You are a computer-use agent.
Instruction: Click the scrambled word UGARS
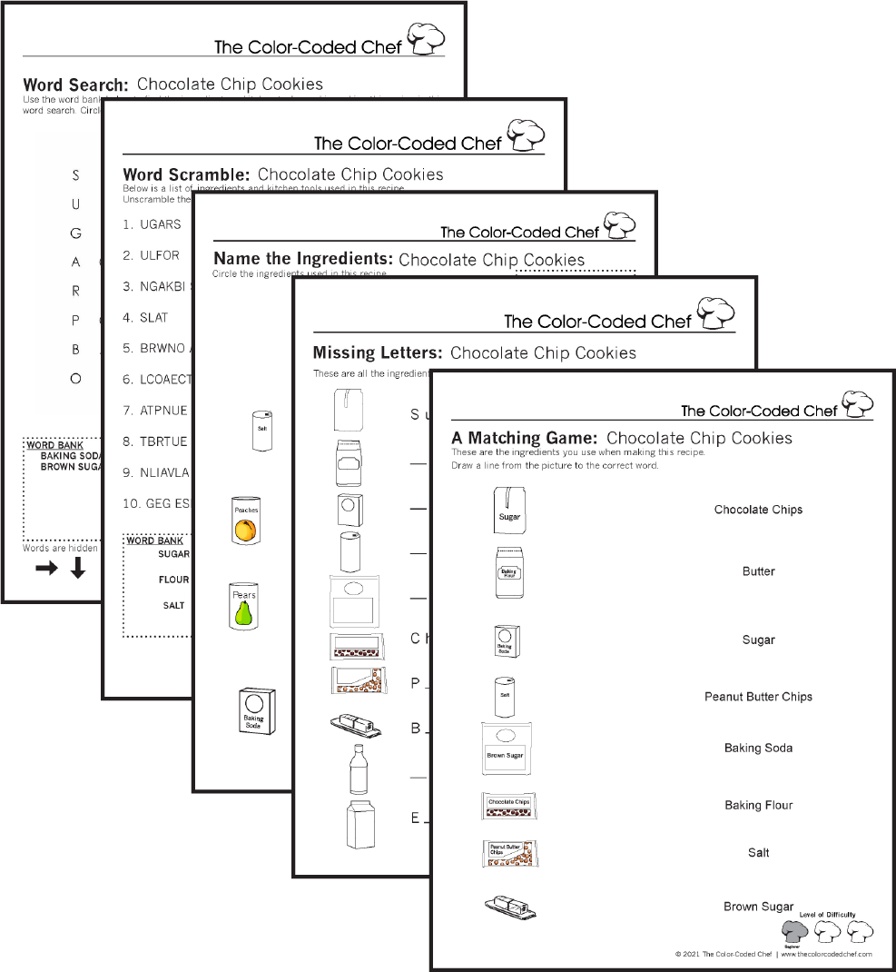(160, 224)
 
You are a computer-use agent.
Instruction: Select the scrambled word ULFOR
(160, 255)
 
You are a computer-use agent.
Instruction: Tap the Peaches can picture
(246, 521)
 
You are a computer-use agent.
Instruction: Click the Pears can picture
(243, 606)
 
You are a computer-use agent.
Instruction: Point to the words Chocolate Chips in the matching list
(758, 510)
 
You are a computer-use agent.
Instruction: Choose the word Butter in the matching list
(758, 571)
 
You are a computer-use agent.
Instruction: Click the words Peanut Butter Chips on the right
(758, 697)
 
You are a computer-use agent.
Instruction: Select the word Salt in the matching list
(758, 852)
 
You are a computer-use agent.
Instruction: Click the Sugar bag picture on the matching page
(509, 511)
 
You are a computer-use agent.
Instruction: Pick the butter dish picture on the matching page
(509, 906)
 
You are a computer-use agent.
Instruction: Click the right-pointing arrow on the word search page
(46, 569)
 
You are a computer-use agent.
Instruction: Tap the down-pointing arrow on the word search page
(78, 568)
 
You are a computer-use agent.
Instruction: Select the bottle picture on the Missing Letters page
(358, 769)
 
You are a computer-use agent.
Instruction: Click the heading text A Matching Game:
(524, 438)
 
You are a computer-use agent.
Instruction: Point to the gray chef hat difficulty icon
(795, 931)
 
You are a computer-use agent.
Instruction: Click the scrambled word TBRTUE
(164, 441)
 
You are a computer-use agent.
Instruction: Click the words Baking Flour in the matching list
(758, 805)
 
